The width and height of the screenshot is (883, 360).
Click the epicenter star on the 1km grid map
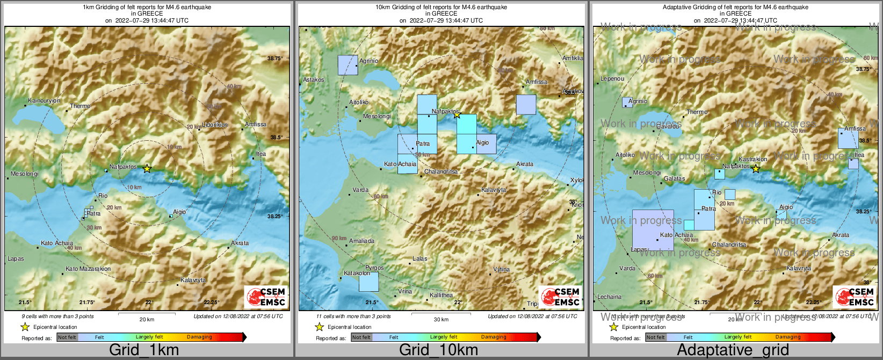(147, 169)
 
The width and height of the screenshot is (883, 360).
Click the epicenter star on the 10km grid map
(457, 114)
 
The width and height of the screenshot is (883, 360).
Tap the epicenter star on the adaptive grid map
(756, 169)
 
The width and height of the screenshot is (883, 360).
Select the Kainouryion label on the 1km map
(44, 101)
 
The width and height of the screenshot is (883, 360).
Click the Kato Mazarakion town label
(88, 269)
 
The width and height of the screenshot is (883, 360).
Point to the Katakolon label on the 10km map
(357, 273)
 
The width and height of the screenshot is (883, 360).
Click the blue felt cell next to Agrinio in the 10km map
(348, 65)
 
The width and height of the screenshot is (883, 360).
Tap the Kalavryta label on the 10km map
(493, 190)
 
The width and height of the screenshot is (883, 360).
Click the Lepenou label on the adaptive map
(612, 79)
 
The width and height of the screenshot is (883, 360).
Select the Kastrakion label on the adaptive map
(752, 160)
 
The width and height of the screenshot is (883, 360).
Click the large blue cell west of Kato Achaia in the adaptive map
(653, 230)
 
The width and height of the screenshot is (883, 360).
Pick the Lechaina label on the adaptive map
(609, 297)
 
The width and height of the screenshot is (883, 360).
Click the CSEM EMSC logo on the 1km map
(266, 297)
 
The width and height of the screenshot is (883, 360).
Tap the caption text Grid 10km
(438, 350)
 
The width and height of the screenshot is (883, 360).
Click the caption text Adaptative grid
(733, 350)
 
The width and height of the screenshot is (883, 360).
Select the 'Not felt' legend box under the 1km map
(67, 337)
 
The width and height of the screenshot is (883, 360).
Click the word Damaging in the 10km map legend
(493, 337)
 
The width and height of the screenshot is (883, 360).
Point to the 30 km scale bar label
(441, 320)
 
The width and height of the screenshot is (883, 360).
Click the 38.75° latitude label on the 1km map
(275, 59)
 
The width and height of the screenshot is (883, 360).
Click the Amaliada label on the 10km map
(361, 241)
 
